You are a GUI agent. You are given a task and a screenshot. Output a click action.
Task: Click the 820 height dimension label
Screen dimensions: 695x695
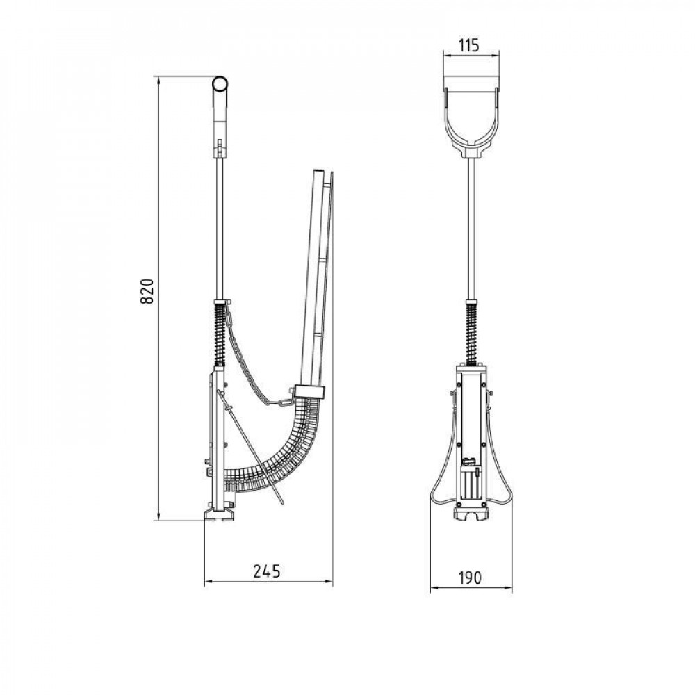pyautogui.click(x=147, y=291)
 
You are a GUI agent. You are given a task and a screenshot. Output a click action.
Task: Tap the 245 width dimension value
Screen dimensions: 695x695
pyautogui.click(x=267, y=571)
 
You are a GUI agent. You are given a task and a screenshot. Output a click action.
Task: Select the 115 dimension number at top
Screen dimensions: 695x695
pyautogui.click(x=469, y=45)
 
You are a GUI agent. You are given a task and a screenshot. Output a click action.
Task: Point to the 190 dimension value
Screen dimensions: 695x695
pyautogui.click(x=470, y=578)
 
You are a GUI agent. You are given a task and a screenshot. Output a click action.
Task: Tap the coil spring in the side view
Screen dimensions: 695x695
pyautogui.click(x=220, y=334)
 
